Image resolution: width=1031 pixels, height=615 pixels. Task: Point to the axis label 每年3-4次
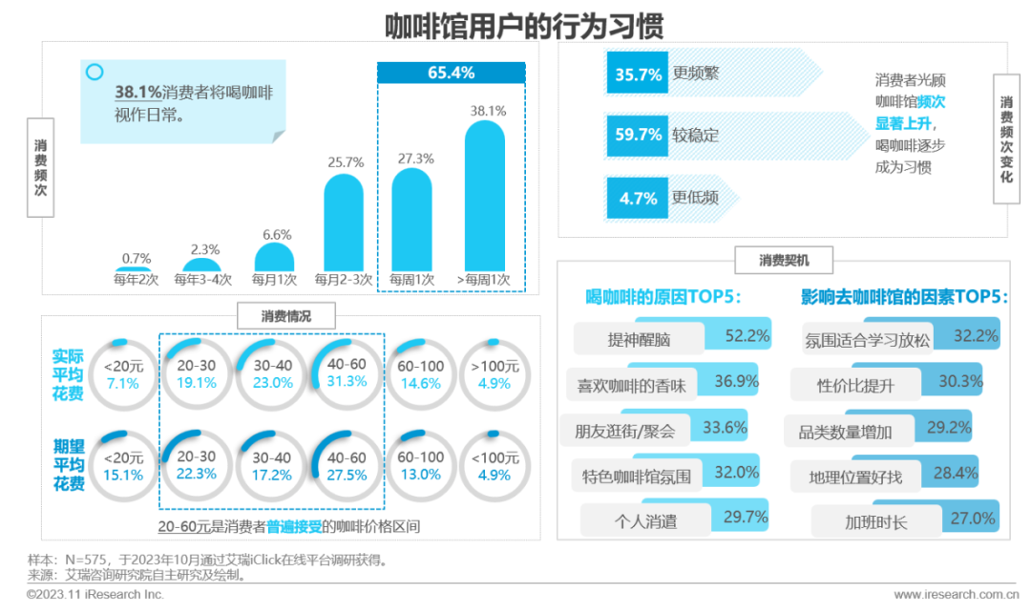(202, 280)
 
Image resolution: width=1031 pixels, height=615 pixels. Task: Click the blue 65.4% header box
(452, 73)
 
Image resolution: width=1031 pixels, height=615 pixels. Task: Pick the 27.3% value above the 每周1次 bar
(412, 159)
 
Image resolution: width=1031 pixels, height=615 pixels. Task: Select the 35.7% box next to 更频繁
(638, 74)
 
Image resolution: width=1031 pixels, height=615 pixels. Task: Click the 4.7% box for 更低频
(638, 198)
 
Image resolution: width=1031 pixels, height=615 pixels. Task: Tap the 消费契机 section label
(783, 260)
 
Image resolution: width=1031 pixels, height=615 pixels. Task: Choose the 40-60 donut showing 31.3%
(346, 373)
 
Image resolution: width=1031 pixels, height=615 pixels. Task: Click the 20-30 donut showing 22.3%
(197, 465)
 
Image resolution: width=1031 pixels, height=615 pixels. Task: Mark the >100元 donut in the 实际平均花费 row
(494, 373)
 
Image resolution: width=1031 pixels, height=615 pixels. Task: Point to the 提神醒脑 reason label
(640, 339)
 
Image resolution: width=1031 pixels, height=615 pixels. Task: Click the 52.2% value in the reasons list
(747, 335)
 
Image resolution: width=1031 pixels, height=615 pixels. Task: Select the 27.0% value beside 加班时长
(973, 519)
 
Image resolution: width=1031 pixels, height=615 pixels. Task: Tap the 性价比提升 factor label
(855, 385)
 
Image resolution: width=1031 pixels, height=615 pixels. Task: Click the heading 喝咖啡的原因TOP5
(663, 297)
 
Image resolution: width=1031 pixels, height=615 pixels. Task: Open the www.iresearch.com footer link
(948, 595)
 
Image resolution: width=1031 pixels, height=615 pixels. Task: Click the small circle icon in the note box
(94, 72)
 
